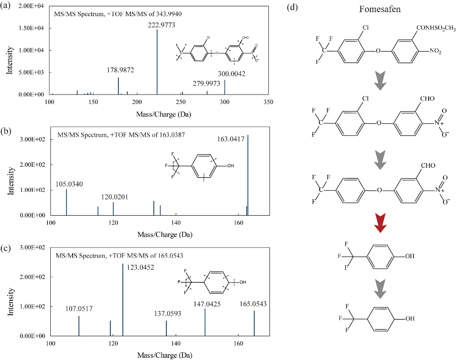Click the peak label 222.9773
157,25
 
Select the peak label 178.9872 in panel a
120,70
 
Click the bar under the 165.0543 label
254,323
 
